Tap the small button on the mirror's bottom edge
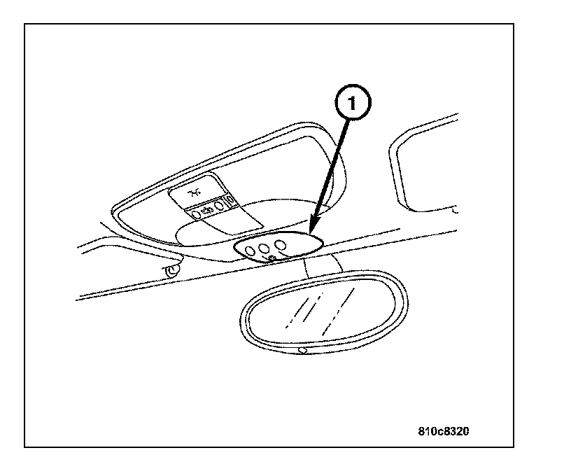(302, 349)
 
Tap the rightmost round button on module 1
(281, 244)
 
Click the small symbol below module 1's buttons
(272, 259)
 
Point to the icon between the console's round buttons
(207, 210)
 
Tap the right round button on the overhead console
(220, 206)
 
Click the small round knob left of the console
(169, 269)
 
